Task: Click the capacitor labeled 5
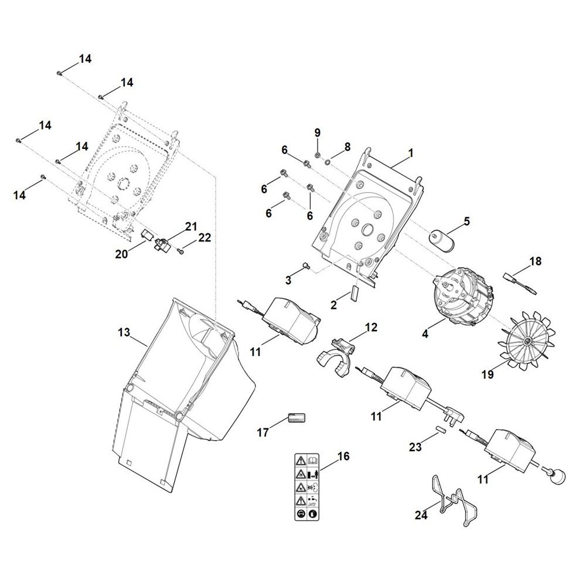coord(442,237)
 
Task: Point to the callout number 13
coord(123,333)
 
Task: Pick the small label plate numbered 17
coord(297,418)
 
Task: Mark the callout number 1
coord(411,152)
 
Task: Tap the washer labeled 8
coord(328,159)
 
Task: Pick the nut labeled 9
coord(316,155)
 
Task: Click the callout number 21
coord(175,226)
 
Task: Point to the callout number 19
coord(488,374)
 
